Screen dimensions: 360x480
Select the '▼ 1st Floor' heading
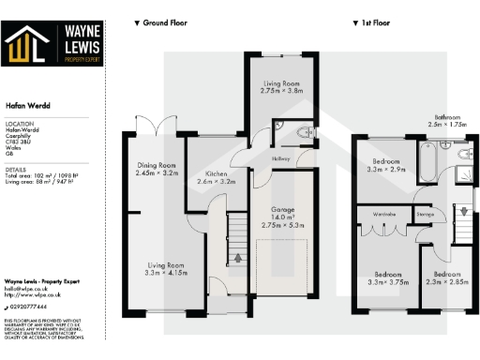[374, 22]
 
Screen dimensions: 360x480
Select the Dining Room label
[156, 169]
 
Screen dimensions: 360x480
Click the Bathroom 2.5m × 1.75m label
[446, 120]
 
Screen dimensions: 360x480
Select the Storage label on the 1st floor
[425, 215]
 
